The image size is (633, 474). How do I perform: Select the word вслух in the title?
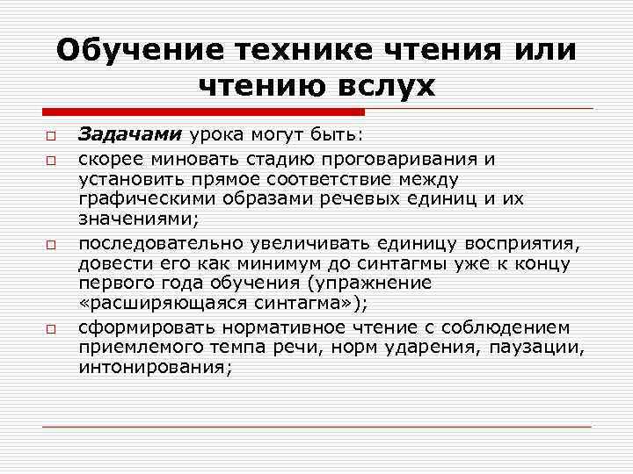(x=384, y=86)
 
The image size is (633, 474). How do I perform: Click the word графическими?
(x=142, y=199)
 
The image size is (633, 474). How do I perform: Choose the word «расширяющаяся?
(x=149, y=304)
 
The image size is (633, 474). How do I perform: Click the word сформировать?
(x=142, y=327)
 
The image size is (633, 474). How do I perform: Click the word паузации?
(x=544, y=348)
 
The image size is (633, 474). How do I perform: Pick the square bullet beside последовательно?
(x=52, y=243)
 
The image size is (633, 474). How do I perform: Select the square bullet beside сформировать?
(x=52, y=329)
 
